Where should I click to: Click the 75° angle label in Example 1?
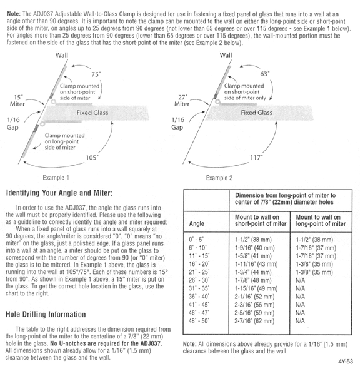(96, 74)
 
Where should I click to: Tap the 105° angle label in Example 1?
(92, 158)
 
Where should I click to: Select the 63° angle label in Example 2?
(264, 74)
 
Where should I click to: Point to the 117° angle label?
(256, 158)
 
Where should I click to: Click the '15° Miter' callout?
(17, 101)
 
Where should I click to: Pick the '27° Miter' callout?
(182, 101)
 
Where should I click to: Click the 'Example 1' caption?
(56, 178)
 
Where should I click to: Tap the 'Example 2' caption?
(219, 178)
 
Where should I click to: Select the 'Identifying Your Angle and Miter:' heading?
(59, 193)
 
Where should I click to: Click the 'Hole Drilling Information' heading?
(46, 315)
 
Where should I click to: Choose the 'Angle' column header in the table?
(196, 223)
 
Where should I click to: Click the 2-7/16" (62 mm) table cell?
(254, 321)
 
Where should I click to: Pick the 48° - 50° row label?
(199, 321)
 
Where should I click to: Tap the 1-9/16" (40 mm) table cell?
(254, 248)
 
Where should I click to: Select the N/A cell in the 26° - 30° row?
(300, 280)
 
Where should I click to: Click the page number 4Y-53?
(346, 362)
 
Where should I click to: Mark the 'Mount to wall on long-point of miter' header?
(321, 220)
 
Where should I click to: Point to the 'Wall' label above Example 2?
(226, 55)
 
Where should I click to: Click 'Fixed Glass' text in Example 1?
(92, 113)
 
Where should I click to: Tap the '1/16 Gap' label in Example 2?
(177, 123)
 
